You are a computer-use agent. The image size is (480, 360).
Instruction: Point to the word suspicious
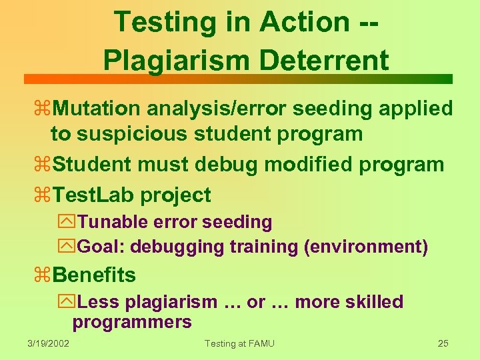(134, 133)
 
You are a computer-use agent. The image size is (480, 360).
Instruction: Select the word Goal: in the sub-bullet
(101, 247)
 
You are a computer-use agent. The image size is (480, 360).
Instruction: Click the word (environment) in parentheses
(365, 247)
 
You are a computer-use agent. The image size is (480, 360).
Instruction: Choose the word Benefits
(94, 275)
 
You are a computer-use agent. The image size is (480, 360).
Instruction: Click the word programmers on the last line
(132, 323)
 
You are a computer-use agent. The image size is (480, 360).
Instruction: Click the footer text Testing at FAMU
(239, 343)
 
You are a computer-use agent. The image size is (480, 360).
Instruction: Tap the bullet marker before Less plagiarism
(69, 301)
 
